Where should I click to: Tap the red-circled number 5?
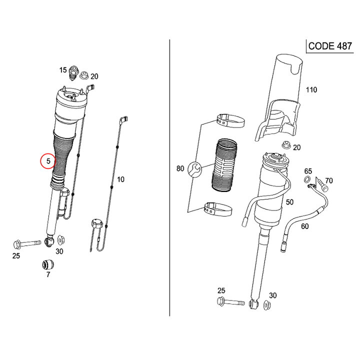click(x=48, y=161)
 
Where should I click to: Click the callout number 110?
click(x=311, y=90)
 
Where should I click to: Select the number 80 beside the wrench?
click(x=180, y=169)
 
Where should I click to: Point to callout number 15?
click(x=63, y=70)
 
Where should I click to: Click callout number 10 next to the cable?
click(x=120, y=179)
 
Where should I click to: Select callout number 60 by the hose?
click(x=304, y=226)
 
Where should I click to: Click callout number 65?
click(x=308, y=171)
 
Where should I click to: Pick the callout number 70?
click(x=328, y=180)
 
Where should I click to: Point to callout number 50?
click(x=289, y=201)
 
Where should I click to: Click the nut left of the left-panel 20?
click(x=83, y=75)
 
